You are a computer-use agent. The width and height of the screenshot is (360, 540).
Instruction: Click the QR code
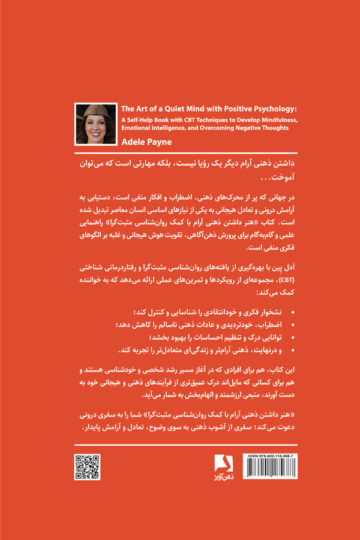(87, 467)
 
